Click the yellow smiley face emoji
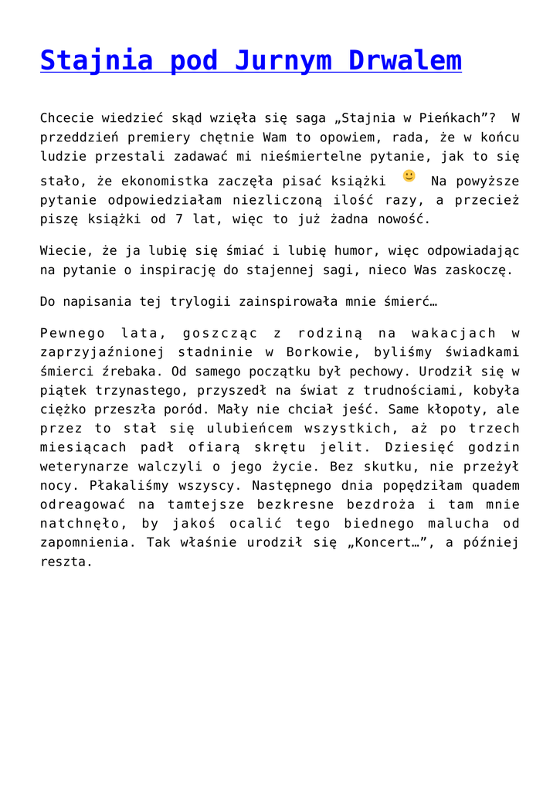coord(409,176)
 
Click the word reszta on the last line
coord(66,562)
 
